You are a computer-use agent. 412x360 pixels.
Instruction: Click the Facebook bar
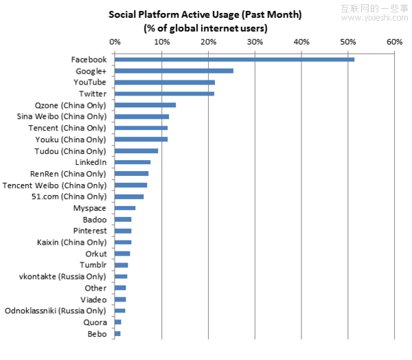(234, 60)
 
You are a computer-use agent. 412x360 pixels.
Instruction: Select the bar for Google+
(174, 71)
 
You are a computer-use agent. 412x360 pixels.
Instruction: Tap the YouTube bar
(165, 82)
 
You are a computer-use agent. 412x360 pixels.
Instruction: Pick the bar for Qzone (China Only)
(145, 105)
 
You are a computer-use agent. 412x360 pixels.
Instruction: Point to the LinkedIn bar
(133, 162)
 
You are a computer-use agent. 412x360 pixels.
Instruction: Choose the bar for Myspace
(125, 207)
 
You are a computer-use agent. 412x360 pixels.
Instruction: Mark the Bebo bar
(117, 333)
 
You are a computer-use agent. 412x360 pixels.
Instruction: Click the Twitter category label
(93, 93)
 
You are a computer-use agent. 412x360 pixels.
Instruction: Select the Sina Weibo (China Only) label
(61, 116)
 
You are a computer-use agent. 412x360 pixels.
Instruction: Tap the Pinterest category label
(90, 231)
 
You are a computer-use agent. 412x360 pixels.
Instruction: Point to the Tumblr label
(94, 265)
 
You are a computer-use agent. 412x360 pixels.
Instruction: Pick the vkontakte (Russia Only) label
(62, 276)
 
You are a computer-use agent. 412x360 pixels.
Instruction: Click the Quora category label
(95, 322)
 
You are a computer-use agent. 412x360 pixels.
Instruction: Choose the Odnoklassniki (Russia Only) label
(56, 311)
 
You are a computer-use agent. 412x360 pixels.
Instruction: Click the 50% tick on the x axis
(348, 42)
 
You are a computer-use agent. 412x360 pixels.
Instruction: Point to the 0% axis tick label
(115, 42)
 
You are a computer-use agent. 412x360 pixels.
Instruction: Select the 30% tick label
(255, 42)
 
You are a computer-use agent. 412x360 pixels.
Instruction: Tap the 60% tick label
(395, 42)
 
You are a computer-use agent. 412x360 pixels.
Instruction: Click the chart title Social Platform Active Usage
(205, 14)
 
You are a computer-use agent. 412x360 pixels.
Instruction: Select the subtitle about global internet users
(205, 28)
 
